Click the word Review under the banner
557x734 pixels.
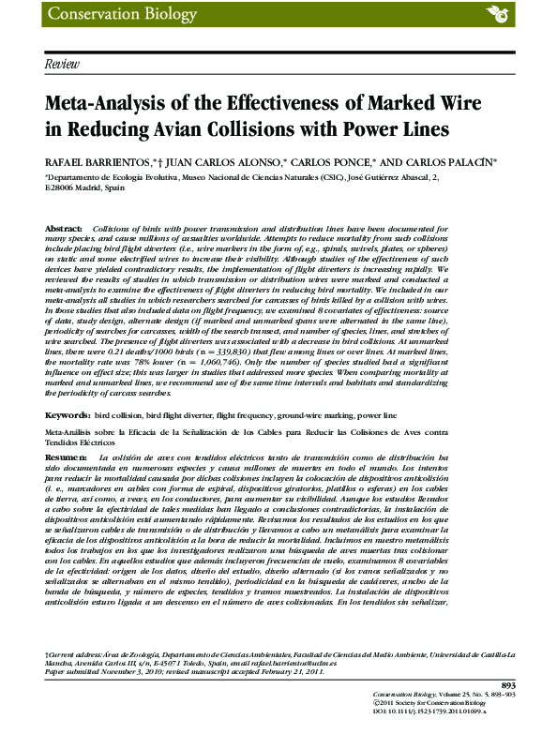(62, 63)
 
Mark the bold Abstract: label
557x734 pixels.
(66, 228)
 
